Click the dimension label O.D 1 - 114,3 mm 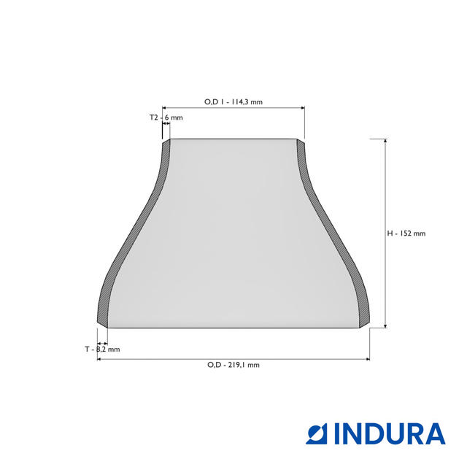pos(233,102)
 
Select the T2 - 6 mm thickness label pos(166,117)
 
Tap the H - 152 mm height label pos(406,233)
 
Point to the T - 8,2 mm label pos(101,350)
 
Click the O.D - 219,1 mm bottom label pos(233,365)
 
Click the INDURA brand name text pos(390,433)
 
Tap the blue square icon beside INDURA pos(319,433)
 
